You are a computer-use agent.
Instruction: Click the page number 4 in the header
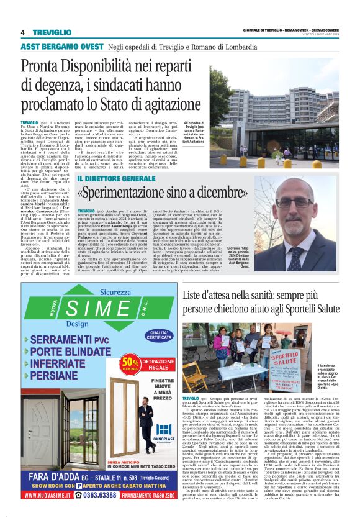(x=22, y=32)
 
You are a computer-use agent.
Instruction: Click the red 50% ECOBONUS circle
(x=130, y=362)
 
